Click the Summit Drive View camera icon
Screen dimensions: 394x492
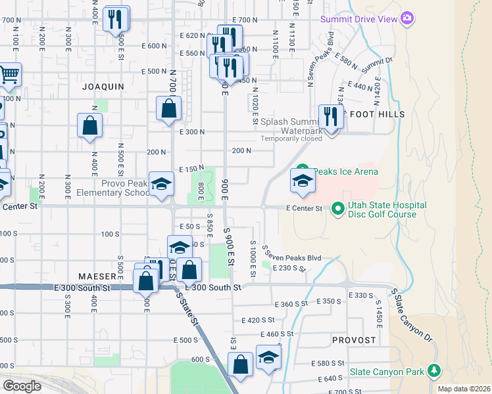pyautogui.click(x=408, y=18)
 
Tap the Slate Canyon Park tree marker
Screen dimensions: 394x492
pyautogui.click(x=433, y=371)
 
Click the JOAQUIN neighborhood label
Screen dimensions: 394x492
pyautogui.click(x=103, y=86)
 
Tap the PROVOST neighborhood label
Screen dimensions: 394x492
pyautogui.click(x=354, y=340)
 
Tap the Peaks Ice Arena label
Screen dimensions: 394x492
pyautogui.click(x=345, y=172)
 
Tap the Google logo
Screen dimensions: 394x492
pyautogui.click(x=22, y=385)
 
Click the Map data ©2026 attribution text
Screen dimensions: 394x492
pyautogui.click(x=464, y=389)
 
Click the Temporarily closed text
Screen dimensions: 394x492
pyautogui.click(x=291, y=139)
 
